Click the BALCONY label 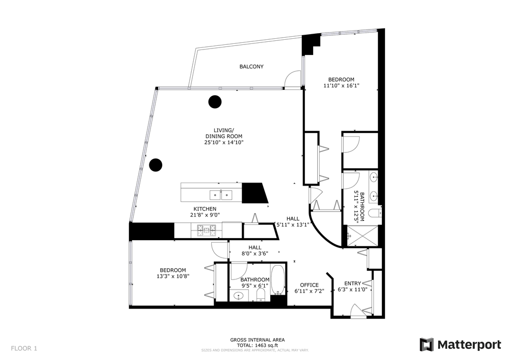coord(251,67)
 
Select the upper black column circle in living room coord(215,102)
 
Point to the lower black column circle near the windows coord(156,165)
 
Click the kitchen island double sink coord(221,195)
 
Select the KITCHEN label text coord(205,209)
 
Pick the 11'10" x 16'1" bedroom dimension coord(341,86)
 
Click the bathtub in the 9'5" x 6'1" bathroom coord(277,279)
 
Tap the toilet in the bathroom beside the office coord(261,295)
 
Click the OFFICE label coord(310,285)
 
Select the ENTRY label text coord(352,284)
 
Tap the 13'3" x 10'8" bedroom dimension coord(173,276)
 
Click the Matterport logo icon coord(426,345)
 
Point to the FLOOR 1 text coord(24,349)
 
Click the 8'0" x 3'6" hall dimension coord(254,253)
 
